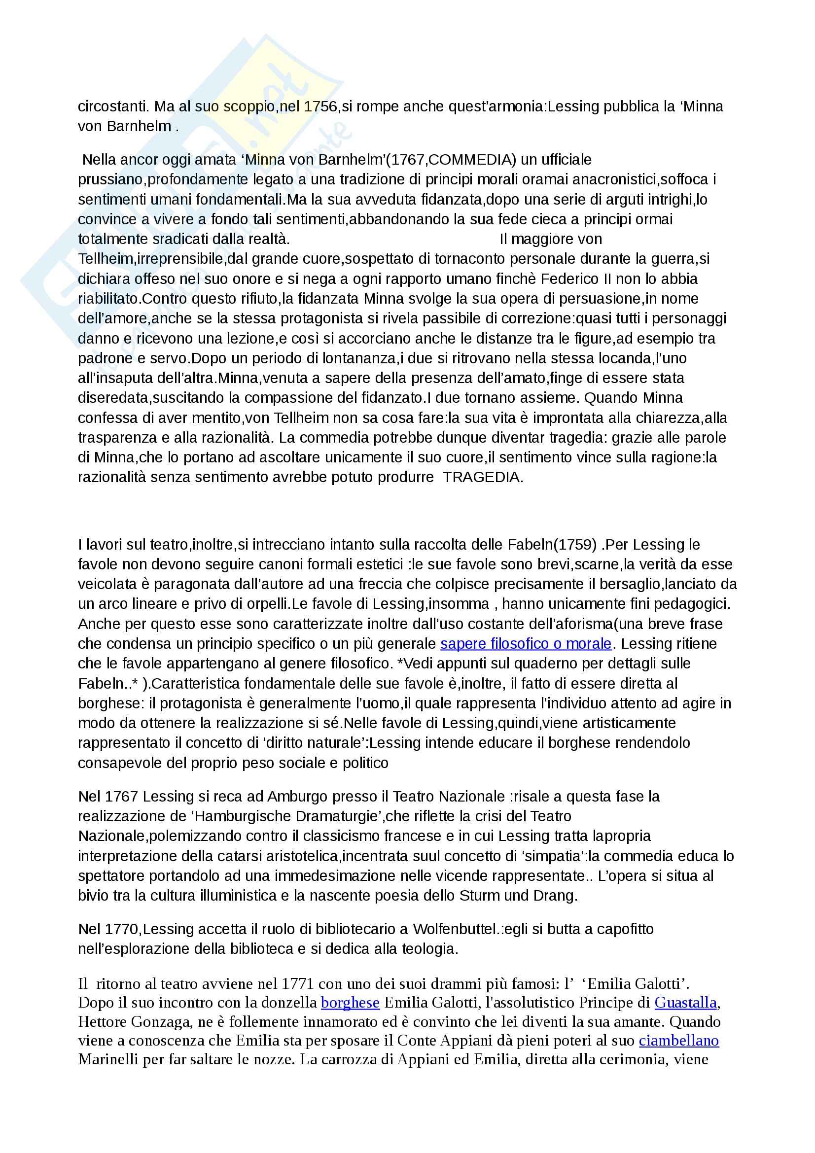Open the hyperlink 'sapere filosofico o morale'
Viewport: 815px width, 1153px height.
pyautogui.click(x=526, y=643)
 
